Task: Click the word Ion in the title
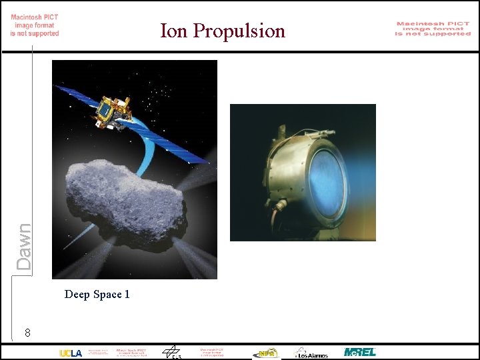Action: click(x=173, y=31)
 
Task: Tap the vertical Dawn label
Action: click(x=24, y=247)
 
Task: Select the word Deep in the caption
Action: click(x=77, y=294)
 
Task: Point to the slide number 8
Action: click(x=27, y=332)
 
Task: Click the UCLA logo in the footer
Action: click(x=71, y=353)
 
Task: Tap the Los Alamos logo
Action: click(x=311, y=353)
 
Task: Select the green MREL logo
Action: click(x=359, y=352)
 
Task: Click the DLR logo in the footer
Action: click(x=172, y=353)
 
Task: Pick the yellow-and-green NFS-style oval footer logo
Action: click(x=266, y=353)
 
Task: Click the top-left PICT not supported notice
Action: click(x=35, y=25)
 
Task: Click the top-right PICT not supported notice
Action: click(x=433, y=29)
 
